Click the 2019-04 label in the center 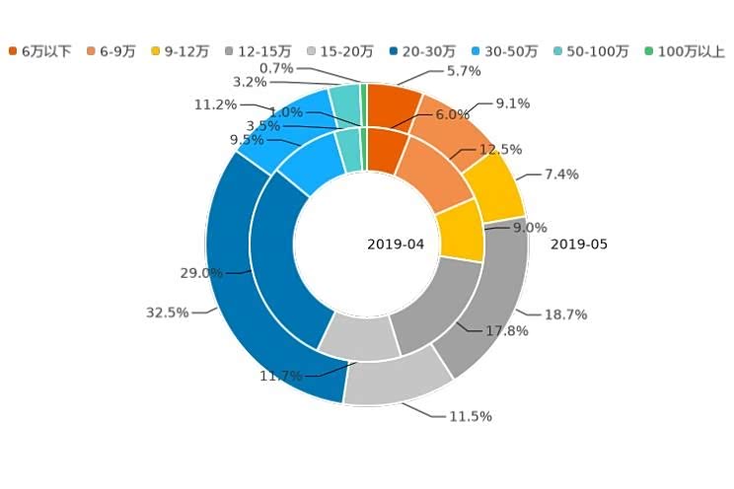[x=396, y=244]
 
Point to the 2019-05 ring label [x=579, y=244]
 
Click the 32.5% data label [x=167, y=312]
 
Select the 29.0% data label [x=202, y=272]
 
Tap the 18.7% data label [x=565, y=314]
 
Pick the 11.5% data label [x=470, y=416]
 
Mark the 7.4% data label [x=560, y=175]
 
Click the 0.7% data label [x=276, y=68]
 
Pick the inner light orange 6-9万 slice [x=438, y=174]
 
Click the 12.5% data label [x=499, y=149]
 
